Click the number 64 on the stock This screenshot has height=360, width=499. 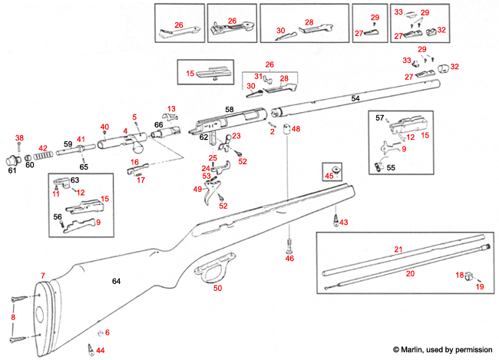click(x=116, y=282)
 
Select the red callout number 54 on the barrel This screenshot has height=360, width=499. click(x=355, y=100)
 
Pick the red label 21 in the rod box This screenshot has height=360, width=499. click(x=398, y=250)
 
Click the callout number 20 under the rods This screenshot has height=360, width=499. click(x=410, y=273)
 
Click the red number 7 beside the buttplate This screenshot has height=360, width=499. click(x=43, y=275)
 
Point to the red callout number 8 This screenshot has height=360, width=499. click(x=12, y=316)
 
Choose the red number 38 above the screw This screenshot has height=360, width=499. click(x=19, y=138)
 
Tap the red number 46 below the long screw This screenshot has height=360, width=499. click(x=289, y=259)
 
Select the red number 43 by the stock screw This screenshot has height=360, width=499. click(x=343, y=222)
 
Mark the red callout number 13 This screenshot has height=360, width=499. click(x=171, y=109)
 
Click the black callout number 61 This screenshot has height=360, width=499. click(x=12, y=171)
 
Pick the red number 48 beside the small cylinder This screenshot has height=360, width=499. click(x=296, y=128)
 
